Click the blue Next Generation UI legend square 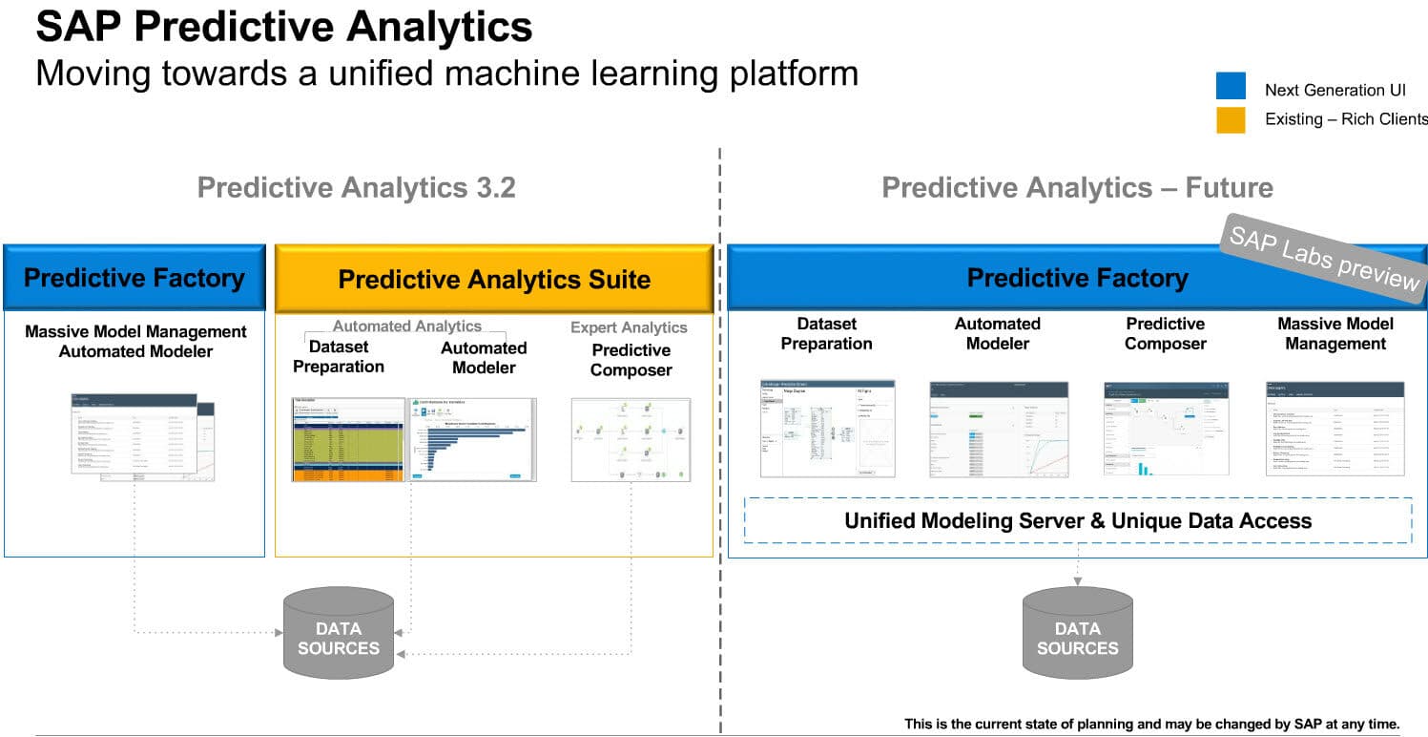[1231, 87]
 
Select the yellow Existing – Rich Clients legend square [1231, 119]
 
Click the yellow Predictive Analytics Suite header [494, 279]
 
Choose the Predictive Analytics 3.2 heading [356, 187]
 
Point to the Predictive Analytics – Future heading [1077, 187]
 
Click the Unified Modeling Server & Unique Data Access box [1077, 520]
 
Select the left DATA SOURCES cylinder [339, 635]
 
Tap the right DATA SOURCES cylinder [1077, 635]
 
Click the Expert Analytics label [629, 327]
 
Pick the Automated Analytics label [407, 326]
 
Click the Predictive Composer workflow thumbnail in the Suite [631, 439]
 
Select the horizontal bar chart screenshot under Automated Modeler [472, 439]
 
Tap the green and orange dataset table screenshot [348, 439]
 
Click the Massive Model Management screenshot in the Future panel [1335, 429]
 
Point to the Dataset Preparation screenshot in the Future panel [827, 429]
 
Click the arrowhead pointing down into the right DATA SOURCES [1077, 580]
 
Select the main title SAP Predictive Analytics [284, 26]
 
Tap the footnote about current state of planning [1151, 725]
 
